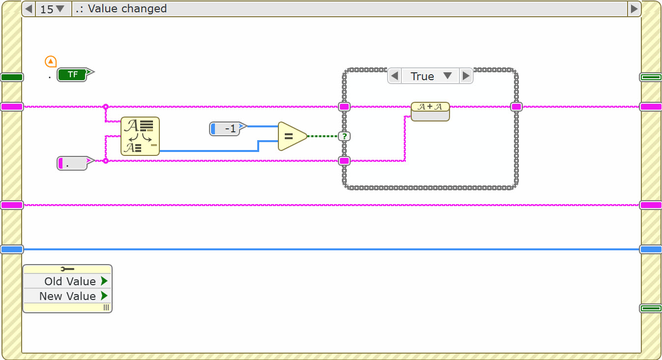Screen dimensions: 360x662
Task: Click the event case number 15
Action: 47,9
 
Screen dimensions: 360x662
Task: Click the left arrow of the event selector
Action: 29,9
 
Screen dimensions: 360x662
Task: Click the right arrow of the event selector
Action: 634,9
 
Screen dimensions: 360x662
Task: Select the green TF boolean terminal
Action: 72,75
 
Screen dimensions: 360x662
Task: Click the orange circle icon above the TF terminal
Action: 50,61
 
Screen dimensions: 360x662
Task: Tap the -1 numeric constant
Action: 225,129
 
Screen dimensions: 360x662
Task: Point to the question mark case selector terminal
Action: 344,136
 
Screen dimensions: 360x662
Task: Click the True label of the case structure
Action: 422,76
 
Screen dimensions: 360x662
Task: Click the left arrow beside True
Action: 394,76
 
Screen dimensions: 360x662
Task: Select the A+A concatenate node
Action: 430,111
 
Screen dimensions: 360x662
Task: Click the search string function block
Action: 140,136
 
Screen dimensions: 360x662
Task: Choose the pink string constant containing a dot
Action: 72,163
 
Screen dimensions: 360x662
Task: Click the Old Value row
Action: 67,281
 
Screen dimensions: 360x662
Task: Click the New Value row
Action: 67,296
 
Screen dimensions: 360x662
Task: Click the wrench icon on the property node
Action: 67,269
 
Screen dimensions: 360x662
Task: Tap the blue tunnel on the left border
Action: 12,249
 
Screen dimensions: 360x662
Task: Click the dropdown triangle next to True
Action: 448,76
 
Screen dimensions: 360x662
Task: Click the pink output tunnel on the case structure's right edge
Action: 516,107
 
